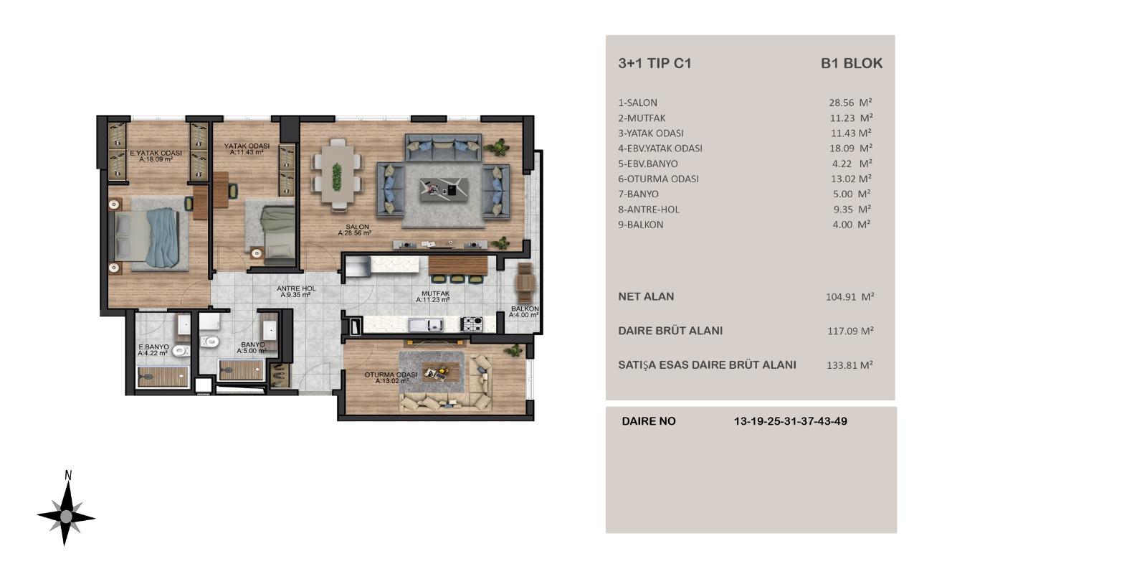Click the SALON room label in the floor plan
pyautogui.click(x=357, y=230)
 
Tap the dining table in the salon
pyautogui.click(x=336, y=174)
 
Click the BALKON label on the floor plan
pyautogui.click(x=524, y=311)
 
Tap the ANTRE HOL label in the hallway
pyautogui.click(x=296, y=291)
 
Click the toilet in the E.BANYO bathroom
pyautogui.click(x=181, y=351)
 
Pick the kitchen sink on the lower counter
pyautogui.click(x=426, y=324)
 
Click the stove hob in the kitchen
pyautogui.click(x=471, y=324)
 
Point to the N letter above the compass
pyautogui.click(x=68, y=475)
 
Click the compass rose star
pyautogui.click(x=66, y=516)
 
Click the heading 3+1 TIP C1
pyautogui.click(x=655, y=63)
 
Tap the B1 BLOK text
pyautogui.click(x=851, y=63)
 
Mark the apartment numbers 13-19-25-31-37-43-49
pyautogui.click(x=790, y=421)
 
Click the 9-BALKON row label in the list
pyautogui.click(x=640, y=225)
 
